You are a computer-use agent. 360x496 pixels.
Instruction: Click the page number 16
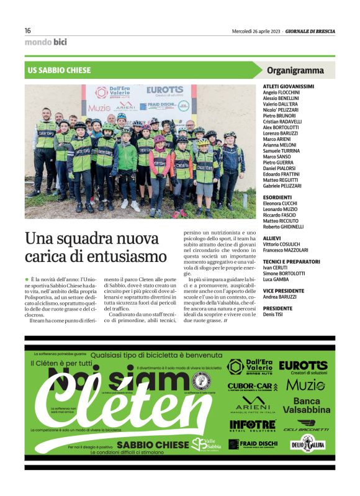(28, 30)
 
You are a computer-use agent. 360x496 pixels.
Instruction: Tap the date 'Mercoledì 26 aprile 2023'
(256, 31)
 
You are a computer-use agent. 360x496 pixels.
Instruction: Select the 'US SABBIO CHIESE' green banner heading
(60, 71)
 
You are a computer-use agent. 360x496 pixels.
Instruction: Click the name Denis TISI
(274, 313)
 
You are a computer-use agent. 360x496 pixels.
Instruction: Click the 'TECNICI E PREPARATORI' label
(292, 261)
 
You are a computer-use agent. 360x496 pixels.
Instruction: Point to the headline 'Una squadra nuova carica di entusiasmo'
(96, 246)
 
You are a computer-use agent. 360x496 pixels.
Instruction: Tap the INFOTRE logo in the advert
(252, 425)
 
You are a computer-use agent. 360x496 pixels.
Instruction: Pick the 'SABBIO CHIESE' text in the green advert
(152, 444)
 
